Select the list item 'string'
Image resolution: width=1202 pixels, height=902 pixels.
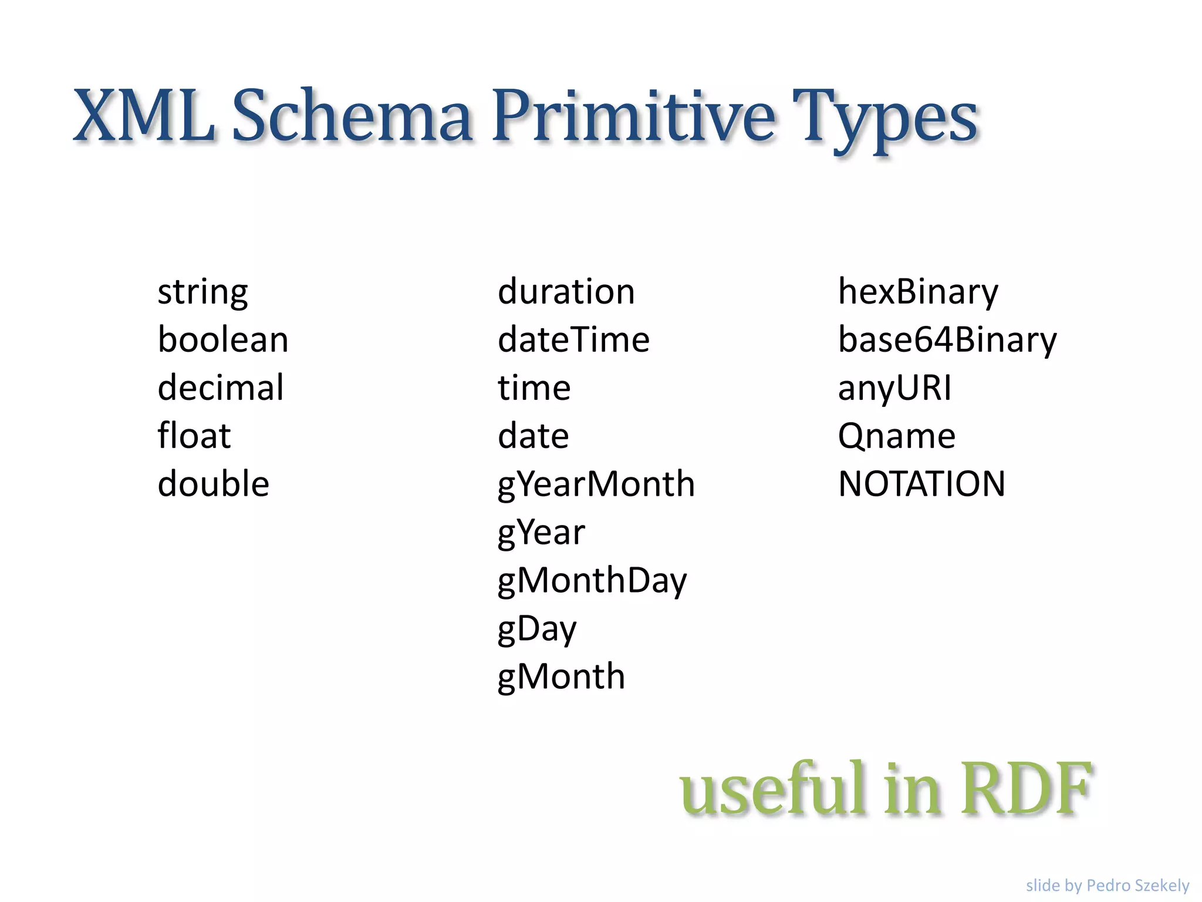pyautogui.click(x=202, y=292)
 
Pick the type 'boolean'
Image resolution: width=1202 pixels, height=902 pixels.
pyautogui.click(x=223, y=340)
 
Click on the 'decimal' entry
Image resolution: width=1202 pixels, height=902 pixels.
pyautogui.click(x=221, y=388)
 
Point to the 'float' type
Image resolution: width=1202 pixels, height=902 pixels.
pyautogui.click(x=194, y=436)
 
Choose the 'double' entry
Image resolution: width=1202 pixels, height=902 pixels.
pyautogui.click(x=214, y=484)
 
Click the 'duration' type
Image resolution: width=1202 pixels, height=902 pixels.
pyautogui.click(x=566, y=292)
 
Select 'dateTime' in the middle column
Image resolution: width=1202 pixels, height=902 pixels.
pyautogui.click(x=573, y=340)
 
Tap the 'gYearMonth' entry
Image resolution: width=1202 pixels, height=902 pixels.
pyautogui.click(x=596, y=484)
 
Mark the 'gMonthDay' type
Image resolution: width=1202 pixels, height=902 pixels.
pyautogui.click(x=592, y=581)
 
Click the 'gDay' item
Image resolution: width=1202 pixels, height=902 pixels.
pyautogui.click(x=537, y=629)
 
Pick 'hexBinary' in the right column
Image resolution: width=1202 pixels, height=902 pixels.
pyautogui.click(x=918, y=292)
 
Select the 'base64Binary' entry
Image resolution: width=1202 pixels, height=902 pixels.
pyautogui.click(x=947, y=340)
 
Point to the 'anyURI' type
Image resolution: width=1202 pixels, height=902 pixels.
pyautogui.click(x=894, y=388)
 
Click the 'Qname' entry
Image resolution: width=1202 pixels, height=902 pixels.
pyautogui.click(x=896, y=436)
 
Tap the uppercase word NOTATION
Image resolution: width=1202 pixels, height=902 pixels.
pyautogui.click(x=921, y=484)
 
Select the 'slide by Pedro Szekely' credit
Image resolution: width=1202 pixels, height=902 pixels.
pyautogui.click(x=1107, y=885)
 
